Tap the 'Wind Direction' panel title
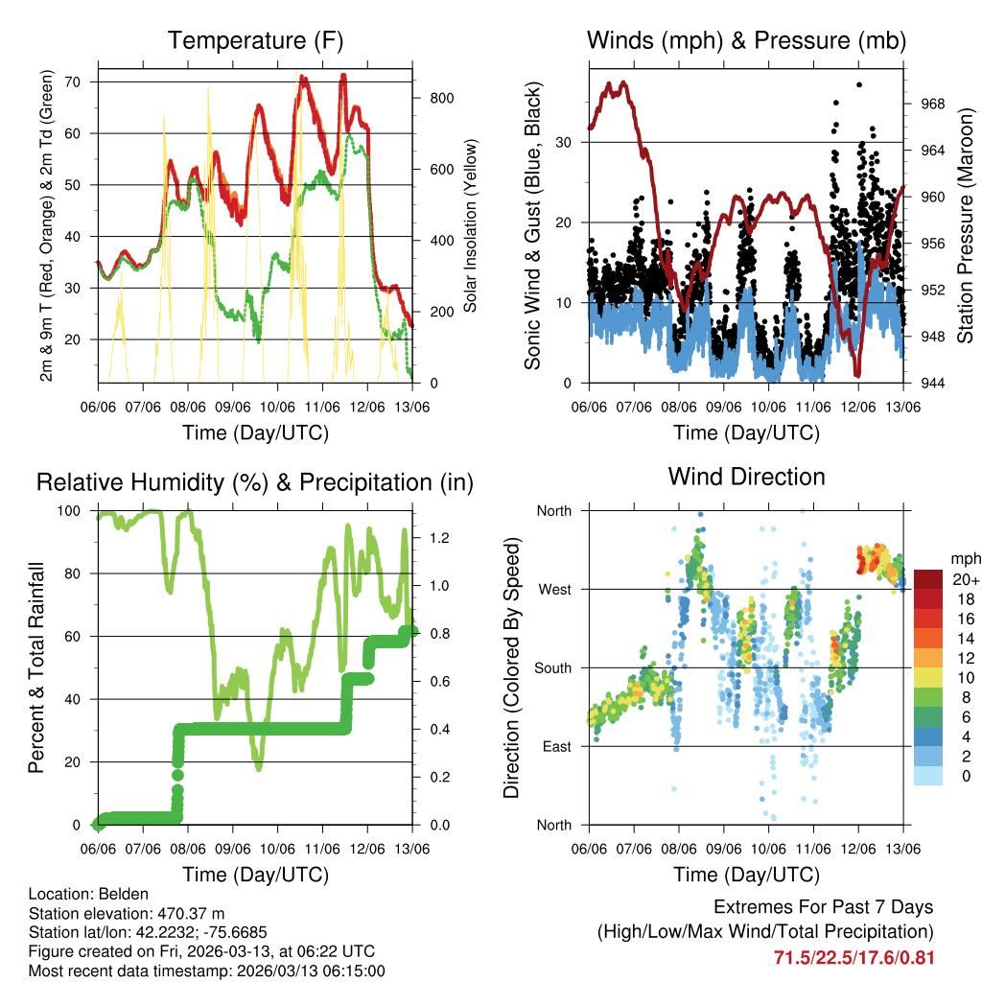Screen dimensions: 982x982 [x=746, y=477]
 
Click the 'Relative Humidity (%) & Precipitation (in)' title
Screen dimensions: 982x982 [x=254, y=482]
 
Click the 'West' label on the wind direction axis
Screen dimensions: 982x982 [x=554, y=589]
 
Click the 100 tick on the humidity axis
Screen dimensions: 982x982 [x=72, y=511]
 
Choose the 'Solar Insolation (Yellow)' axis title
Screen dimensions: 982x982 [x=471, y=225]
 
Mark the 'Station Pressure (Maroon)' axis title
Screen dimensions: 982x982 [x=965, y=225]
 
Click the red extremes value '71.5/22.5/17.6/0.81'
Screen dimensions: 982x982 [x=853, y=957]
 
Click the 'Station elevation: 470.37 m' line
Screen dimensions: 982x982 [x=127, y=913]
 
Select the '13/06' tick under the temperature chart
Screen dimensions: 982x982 [x=412, y=406]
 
